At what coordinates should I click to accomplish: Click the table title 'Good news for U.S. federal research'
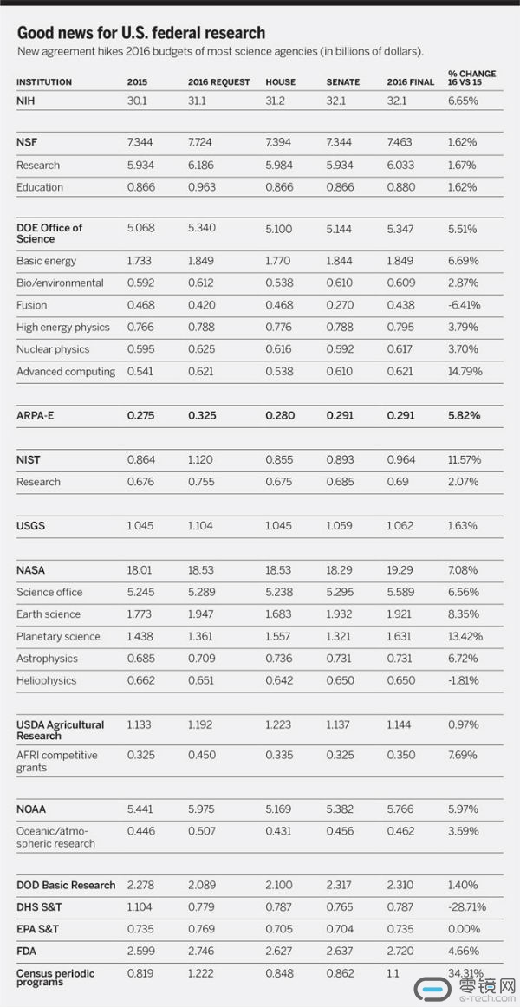pos(140,33)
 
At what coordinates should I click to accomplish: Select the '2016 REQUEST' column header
pos(219,82)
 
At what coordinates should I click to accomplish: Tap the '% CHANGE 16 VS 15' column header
pos(471,78)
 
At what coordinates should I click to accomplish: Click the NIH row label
pos(24,101)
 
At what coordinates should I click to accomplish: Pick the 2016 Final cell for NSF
pos(400,143)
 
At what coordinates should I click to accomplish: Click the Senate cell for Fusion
pos(340,305)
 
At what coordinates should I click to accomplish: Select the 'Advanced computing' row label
pos(66,371)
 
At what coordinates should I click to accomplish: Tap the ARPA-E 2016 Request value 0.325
pos(202,415)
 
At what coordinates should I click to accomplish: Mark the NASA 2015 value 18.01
pos(140,570)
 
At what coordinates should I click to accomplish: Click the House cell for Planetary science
pos(278,636)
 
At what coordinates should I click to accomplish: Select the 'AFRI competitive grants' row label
pos(57,761)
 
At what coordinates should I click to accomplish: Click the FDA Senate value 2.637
pos(340,952)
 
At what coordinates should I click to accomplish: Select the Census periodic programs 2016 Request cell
pos(201,973)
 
